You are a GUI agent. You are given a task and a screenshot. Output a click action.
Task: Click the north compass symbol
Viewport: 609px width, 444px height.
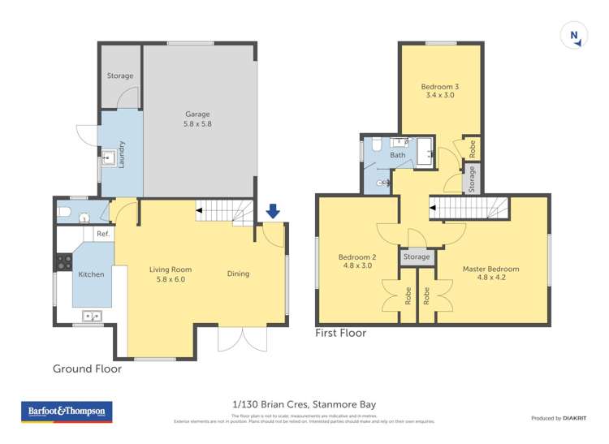[x=574, y=36]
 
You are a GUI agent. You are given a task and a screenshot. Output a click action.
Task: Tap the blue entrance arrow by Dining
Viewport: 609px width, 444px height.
[x=273, y=211]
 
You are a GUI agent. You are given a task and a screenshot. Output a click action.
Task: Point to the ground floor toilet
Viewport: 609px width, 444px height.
[x=65, y=214]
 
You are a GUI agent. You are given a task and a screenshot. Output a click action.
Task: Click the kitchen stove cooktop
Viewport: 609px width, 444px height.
[x=63, y=263]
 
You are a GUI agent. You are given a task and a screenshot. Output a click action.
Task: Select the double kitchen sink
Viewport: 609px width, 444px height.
[x=91, y=317]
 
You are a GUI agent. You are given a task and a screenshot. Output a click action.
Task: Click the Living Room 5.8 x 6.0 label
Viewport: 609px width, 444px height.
[x=171, y=275]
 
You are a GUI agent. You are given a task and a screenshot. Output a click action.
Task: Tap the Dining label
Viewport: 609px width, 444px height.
[x=239, y=274]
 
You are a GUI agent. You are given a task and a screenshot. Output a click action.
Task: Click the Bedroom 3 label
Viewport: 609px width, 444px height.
[x=439, y=91]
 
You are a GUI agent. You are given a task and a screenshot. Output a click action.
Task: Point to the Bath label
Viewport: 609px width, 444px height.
[x=398, y=154]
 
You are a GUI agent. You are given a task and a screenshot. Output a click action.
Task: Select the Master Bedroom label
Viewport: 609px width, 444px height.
[x=490, y=274]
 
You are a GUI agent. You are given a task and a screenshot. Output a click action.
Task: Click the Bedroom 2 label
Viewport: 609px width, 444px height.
[x=356, y=261]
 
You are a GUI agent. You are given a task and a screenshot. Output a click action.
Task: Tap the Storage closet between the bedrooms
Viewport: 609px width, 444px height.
[x=417, y=257]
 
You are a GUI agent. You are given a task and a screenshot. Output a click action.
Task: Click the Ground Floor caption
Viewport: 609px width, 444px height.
[x=87, y=369]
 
